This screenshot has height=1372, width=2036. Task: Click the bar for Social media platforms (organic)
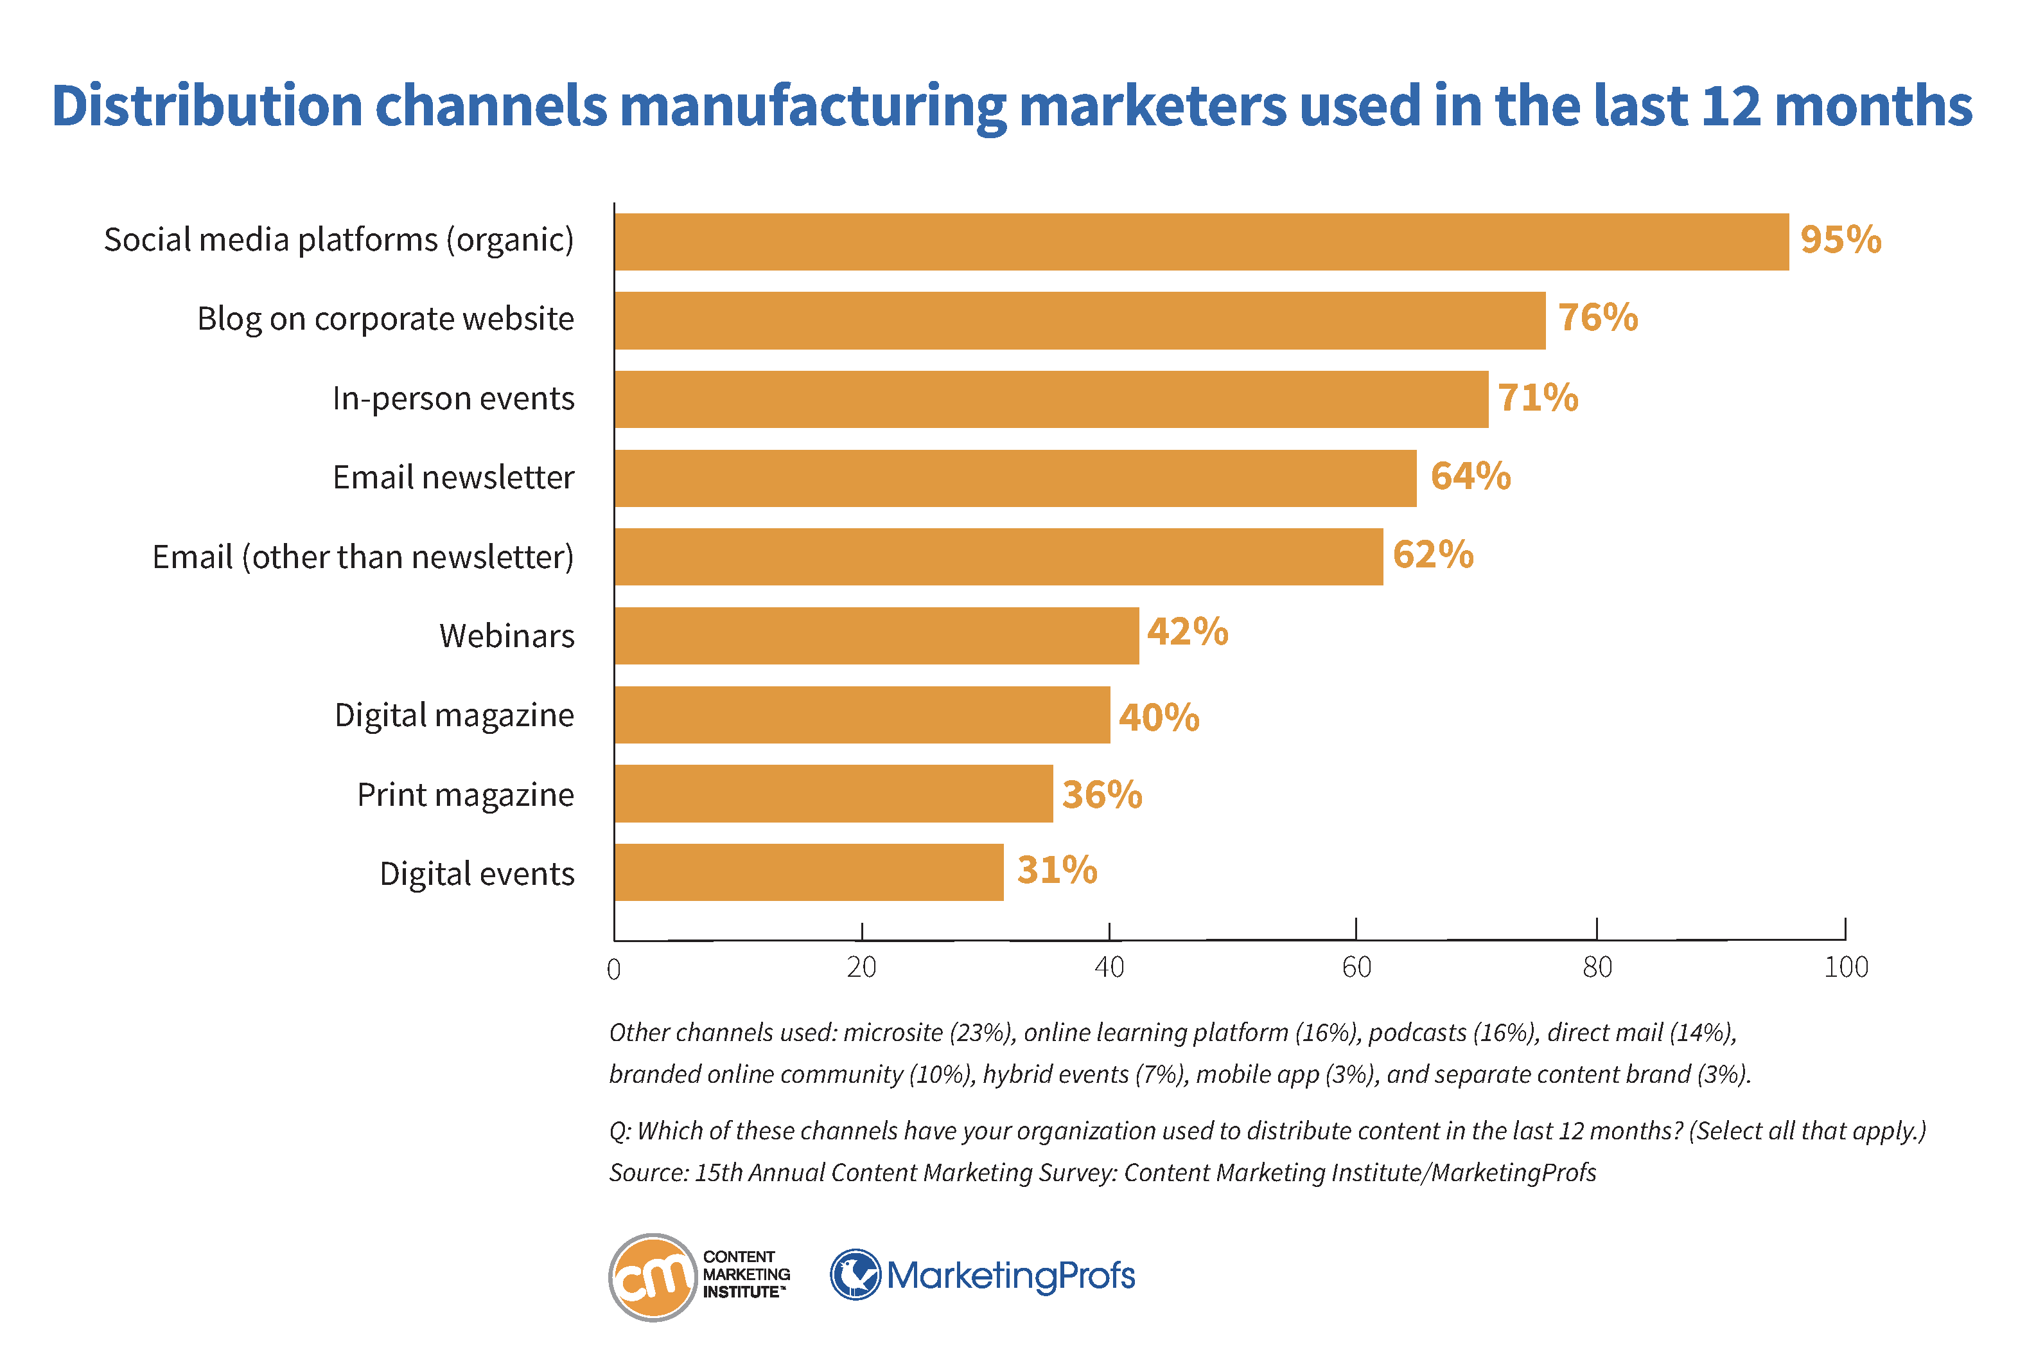point(1201,242)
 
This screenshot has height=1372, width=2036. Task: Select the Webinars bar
point(876,636)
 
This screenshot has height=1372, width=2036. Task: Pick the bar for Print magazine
point(834,793)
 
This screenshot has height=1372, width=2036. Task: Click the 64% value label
point(1470,476)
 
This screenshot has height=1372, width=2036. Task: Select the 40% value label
point(1158,718)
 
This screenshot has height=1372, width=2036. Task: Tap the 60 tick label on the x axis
point(1356,967)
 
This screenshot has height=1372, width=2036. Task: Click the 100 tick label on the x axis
point(1845,967)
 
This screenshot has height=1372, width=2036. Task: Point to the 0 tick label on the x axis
point(614,968)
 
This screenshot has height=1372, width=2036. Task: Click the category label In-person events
point(453,399)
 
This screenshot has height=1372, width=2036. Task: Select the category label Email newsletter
point(453,477)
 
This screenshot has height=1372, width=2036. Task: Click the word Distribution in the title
point(206,107)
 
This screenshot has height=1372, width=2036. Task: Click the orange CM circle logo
point(651,1277)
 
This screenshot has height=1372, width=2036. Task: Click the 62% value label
point(1432,555)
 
